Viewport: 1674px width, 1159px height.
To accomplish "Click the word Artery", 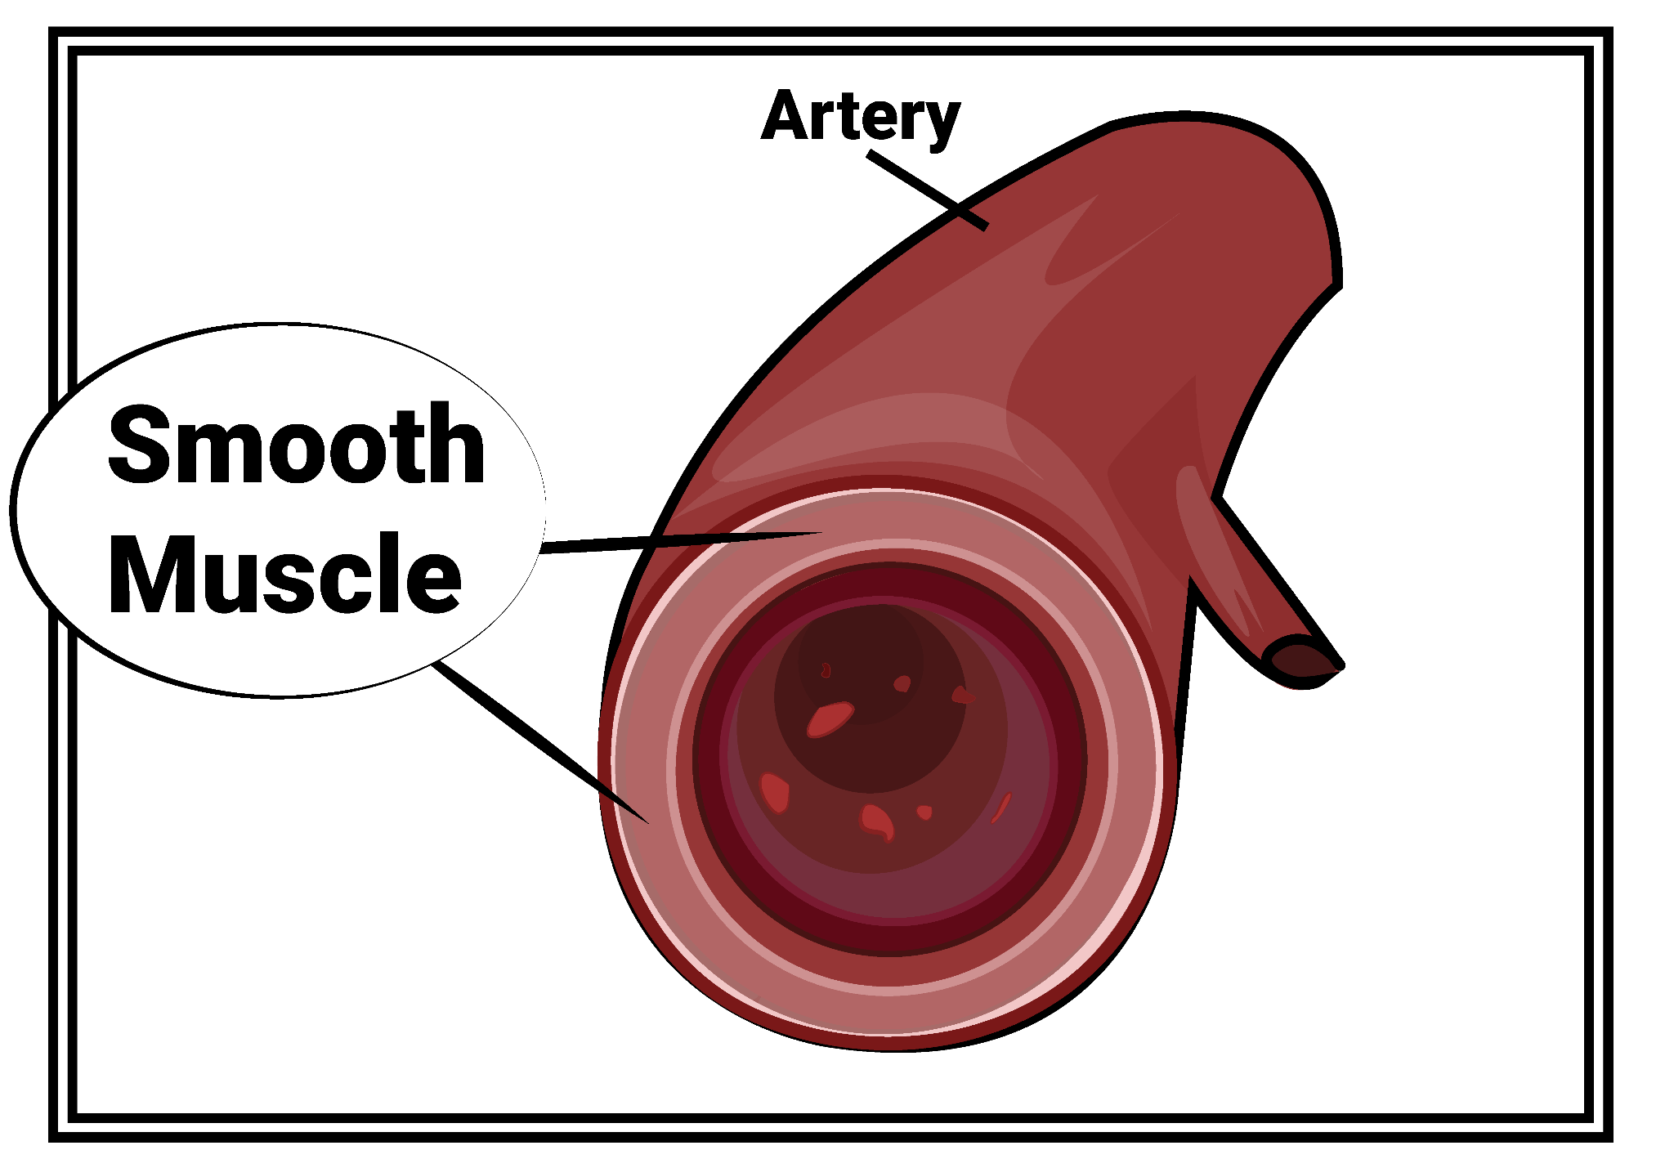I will (860, 117).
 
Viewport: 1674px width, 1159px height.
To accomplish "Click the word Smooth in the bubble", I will (297, 445).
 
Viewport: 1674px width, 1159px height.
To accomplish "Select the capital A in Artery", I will (786, 116).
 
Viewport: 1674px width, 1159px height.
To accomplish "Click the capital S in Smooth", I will (139, 445).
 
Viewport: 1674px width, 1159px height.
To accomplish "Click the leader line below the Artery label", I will (928, 190).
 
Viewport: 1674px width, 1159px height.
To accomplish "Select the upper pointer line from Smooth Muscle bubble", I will (678, 540).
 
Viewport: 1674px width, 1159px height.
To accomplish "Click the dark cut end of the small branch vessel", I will (1300, 660).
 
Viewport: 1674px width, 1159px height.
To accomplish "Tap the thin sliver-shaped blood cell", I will (1001, 807).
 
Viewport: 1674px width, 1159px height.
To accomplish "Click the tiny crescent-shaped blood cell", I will (826, 670).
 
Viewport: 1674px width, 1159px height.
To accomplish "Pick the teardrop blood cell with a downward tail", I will (877, 821).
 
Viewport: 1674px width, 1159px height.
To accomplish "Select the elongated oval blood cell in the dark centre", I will (830, 719).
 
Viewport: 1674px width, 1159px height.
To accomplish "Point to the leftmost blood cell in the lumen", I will (775, 791).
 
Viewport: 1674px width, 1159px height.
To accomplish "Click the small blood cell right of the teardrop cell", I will (924, 812).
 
